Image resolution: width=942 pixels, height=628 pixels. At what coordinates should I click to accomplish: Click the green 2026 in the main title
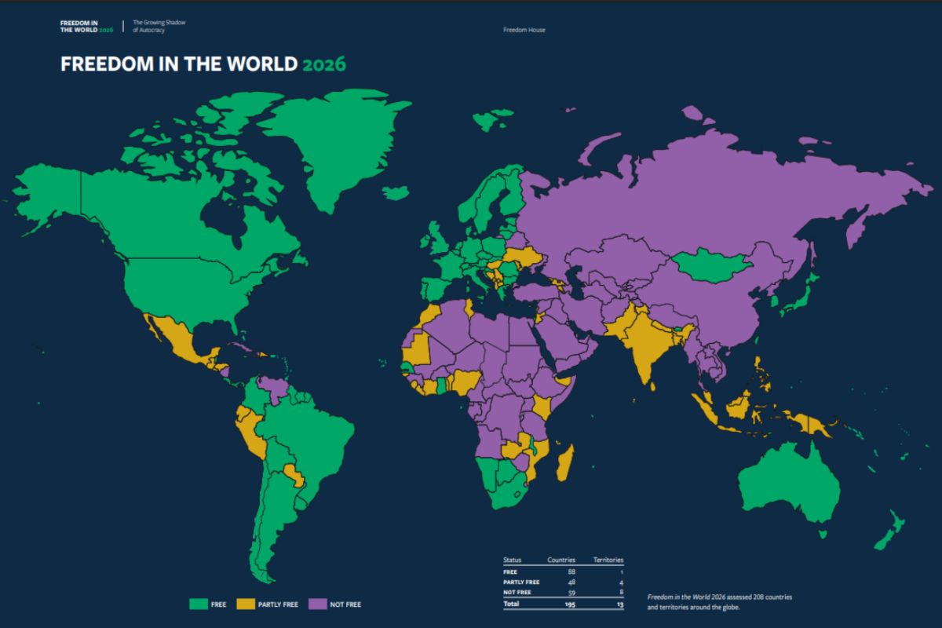323,64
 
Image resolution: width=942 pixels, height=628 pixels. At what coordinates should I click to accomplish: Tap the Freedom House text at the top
524,30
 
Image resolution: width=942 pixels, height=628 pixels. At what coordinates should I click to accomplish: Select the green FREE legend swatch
198,604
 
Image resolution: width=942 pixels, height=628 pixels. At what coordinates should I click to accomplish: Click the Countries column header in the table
560,560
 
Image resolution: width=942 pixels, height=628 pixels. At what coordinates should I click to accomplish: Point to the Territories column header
608,560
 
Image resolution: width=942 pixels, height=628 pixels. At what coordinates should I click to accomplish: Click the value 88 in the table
570,571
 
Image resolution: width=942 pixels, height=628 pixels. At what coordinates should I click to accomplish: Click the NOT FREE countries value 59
570,593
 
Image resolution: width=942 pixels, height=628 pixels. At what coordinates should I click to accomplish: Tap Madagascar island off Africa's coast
564,464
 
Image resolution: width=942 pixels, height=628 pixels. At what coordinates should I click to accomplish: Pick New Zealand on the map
892,530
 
